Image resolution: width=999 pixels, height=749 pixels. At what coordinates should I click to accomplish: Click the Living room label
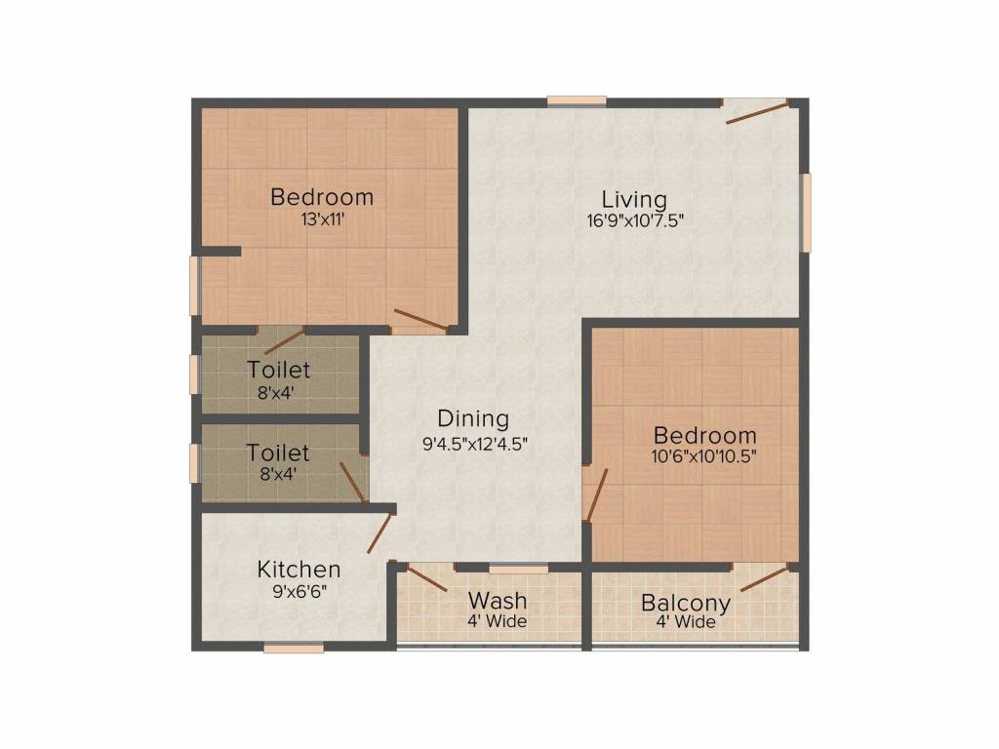point(633,199)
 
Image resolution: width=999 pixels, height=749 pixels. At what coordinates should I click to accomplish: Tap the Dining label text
point(473,418)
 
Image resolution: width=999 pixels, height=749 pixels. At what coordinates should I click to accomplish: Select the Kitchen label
point(299,569)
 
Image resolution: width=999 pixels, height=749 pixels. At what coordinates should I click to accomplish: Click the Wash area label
point(498,600)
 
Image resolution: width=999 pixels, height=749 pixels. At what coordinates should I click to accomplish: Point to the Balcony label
point(686,602)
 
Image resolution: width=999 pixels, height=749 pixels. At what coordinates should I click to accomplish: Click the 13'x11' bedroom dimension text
point(322,219)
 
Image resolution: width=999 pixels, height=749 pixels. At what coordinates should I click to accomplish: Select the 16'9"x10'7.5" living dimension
point(634,220)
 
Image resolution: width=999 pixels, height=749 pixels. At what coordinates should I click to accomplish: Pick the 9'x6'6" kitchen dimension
point(299,590)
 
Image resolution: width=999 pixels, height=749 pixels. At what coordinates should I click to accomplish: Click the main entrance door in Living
point(757,112)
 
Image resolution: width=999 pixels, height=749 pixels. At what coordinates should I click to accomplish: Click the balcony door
point(765,577)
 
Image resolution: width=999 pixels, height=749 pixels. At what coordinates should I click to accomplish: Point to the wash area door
point(426,577)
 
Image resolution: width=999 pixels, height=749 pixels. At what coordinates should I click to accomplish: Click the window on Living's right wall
point(807,213)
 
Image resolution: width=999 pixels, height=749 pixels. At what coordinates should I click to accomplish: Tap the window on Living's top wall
point(576,99)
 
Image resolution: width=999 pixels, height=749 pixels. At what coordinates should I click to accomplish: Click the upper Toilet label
point(279,371)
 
